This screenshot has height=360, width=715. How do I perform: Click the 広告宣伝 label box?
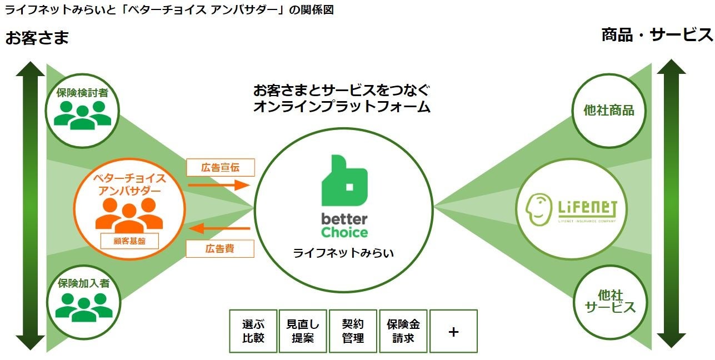[x=220, y=167]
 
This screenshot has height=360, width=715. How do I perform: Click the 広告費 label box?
[x=220, y=248]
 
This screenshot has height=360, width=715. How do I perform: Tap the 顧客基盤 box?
[x=129, y=241]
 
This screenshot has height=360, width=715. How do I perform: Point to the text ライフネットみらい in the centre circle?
[x=344, y=253]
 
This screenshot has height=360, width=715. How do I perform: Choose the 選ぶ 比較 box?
[x=253, y=331]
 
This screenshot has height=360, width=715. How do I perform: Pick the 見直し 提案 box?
[x=303, y=331]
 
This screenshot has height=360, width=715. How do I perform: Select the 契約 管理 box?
[x=353, y=331]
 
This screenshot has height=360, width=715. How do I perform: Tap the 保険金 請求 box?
[x=403, y=331]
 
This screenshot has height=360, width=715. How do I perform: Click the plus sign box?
[x=453, y=331]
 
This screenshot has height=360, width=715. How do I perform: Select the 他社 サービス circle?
[x=610, y=302]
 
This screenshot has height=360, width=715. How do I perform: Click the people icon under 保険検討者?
[x=83, y=114]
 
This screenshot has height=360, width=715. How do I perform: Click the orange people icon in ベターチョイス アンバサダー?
[x=129, y=214]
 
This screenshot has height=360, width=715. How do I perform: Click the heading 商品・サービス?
[x=657, y=35]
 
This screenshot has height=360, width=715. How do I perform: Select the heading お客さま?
[x=37, y=38]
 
